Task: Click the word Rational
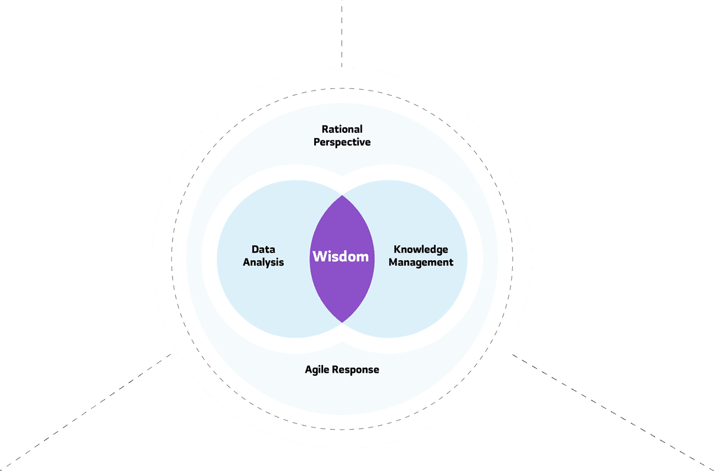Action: [342, 129]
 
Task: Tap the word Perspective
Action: [342, 142]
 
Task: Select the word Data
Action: [263, 249]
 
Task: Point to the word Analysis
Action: [264, 262]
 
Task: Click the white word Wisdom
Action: [341, 257]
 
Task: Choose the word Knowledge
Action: [421, 249]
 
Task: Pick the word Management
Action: [421, 262]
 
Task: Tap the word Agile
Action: [317, 370]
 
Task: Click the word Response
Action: [356, 370]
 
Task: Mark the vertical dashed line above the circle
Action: [342, 33]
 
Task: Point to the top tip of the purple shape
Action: [342, 196]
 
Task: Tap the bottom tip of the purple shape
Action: [342, 322]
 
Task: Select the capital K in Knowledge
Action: [397, 249]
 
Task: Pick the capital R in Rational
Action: [325, 129]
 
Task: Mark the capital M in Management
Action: [393, 262]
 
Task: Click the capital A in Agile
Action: [308, 370]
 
